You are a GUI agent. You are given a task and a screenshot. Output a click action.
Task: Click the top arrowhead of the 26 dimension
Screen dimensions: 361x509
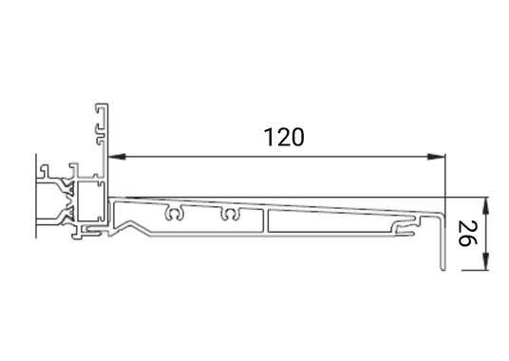coord(486,202)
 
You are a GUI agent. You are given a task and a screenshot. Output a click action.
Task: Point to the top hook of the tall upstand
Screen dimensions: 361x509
coord(98,106)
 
